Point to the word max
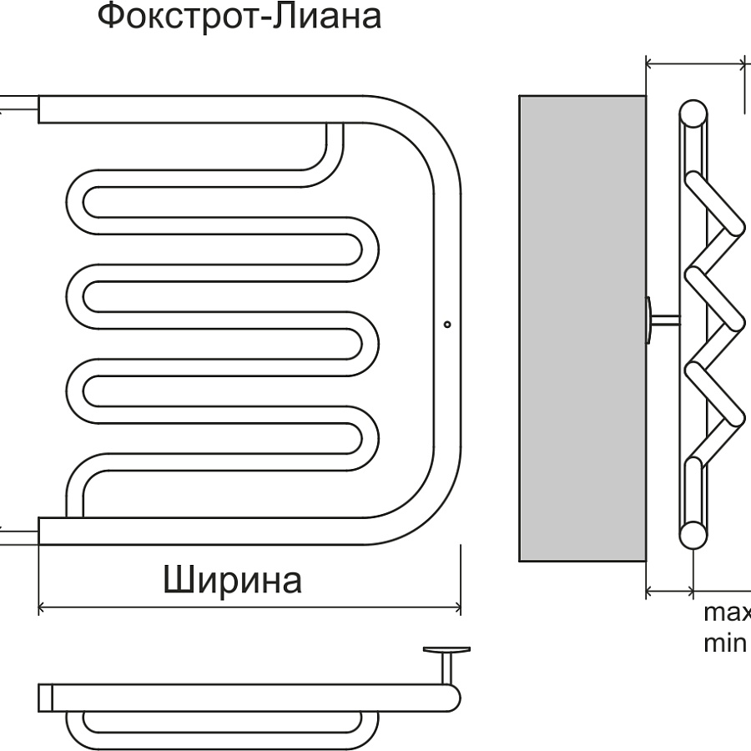(727, 614)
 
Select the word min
(724, 644)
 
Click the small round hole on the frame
(447, 323)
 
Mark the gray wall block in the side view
(582, 327)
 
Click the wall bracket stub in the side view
(664, 320)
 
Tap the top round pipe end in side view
(693, 113)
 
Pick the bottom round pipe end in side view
(693, 535)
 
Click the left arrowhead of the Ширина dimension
(42, 606)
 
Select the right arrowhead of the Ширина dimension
(457, 606)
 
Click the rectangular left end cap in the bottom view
(46, 698)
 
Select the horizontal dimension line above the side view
(696, 62)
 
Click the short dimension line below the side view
(669, 592)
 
